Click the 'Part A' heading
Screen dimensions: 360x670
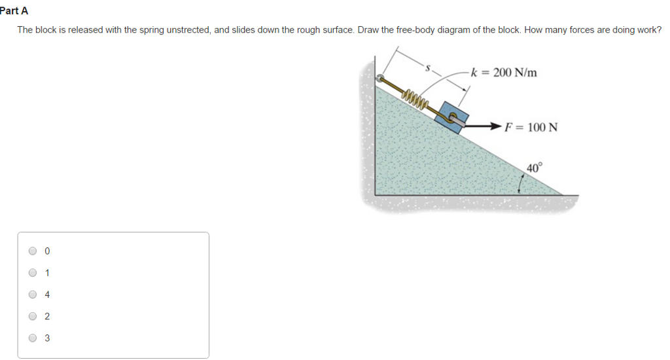[x=14, y=11]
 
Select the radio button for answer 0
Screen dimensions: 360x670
[x=33, y=251]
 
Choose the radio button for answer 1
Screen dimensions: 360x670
[x=33, y=273]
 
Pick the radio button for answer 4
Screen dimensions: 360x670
[x=33, y=295]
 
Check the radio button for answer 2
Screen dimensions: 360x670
[x=33, y=317]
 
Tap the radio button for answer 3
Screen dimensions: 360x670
[x=33, y=338]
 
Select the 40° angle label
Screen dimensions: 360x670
[x=534, y=168]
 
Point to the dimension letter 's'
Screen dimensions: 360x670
[x=429, y=66]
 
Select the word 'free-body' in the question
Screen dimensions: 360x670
[x=414, y=30]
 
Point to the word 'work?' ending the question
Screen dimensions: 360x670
[x=648, y=30]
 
